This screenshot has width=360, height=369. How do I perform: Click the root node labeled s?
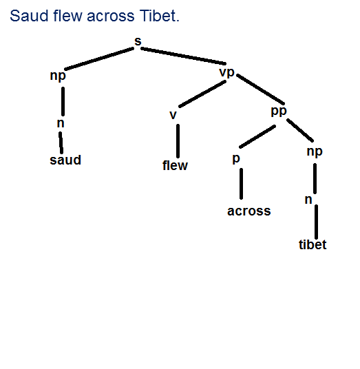138,41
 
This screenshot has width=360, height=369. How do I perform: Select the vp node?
227,73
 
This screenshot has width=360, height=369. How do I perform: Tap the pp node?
279,112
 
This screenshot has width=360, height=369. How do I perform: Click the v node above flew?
173,115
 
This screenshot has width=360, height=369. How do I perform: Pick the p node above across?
236,159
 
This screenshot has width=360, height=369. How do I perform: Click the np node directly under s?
58,76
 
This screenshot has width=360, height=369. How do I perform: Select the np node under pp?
315,151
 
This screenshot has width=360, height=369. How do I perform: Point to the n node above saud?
61,123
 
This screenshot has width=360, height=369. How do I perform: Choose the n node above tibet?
308,200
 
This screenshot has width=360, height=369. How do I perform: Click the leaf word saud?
65,160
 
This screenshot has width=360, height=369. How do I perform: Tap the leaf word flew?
175,165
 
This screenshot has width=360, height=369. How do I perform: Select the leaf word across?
249,211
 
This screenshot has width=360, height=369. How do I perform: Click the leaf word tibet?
313,244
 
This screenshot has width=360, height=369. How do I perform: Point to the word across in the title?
111,17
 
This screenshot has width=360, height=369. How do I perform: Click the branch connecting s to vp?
183,56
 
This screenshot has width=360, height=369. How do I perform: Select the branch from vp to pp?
260,89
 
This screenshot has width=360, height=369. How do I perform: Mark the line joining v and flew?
178,141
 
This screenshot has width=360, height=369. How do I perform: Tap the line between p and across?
241,184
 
